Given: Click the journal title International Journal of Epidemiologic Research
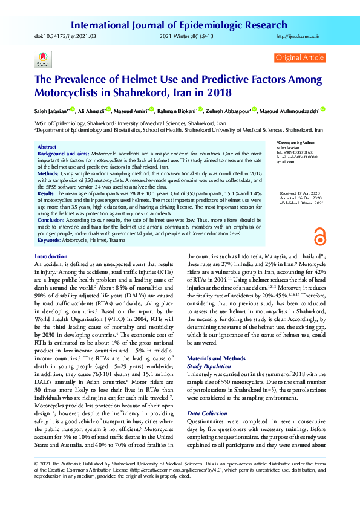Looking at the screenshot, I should pyautogui.click(x=179, y=25).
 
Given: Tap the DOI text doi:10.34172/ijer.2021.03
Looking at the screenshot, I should pyautogui.click(x=62, y=37).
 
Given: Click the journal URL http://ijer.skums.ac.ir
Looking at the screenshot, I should pyautogui.click(x=298, y=37).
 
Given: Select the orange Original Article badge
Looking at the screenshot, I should pyautogui.click(x=299, y=57).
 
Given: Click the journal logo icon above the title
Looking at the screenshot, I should pyautogui.click(x=42, y=59).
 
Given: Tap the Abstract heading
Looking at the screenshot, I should pyautogui.click(x=47, y=147).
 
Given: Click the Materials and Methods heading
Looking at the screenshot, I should pyautogui.click(x=215, y=358).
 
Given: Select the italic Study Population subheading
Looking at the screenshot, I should pyautogui.click(x=209, y=366).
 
